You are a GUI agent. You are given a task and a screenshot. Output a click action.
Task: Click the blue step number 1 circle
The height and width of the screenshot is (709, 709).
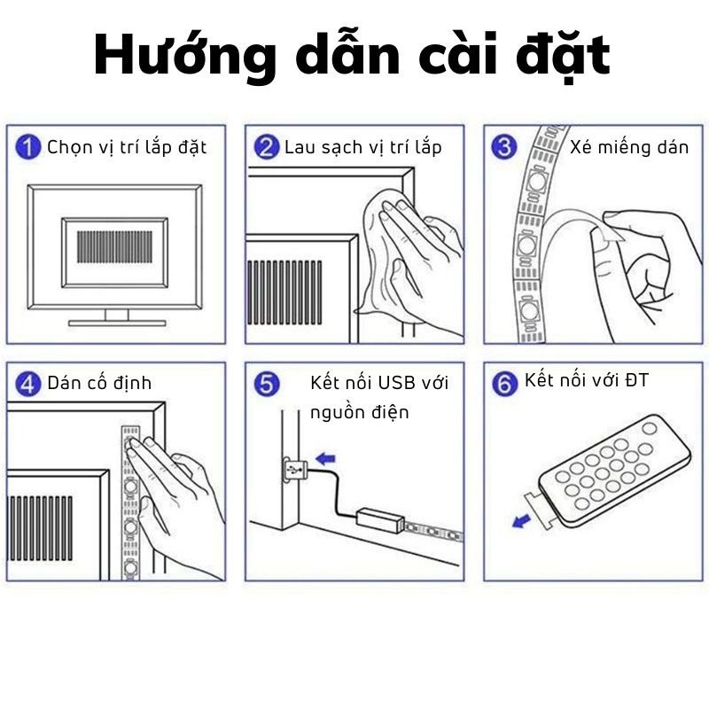point(28,147)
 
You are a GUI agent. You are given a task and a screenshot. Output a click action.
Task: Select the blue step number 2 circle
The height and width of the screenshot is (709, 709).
point(267,147)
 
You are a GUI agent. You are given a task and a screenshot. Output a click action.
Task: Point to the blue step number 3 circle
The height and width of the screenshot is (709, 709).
point(504,147)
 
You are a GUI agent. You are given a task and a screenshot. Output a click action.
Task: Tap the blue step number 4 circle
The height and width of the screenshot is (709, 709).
point(28,384)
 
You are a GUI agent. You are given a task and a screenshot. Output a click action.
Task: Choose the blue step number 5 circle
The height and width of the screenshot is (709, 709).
point(267,384)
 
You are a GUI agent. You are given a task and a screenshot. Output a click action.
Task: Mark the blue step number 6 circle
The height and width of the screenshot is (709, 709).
point(504,384)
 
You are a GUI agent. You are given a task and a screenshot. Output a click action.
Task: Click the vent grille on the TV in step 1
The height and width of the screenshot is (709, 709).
point(115,247)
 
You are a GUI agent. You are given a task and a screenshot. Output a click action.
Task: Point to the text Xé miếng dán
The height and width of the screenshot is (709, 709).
point(629,148)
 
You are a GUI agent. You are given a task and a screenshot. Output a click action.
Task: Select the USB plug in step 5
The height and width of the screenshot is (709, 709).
point(296,471)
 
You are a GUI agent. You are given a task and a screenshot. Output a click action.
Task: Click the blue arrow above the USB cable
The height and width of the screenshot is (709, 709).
point(325,458)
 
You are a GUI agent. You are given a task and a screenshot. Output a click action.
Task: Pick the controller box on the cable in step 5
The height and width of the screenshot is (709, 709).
point(380,521)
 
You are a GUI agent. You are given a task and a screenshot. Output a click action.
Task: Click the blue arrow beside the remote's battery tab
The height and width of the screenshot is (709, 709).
point(521,521)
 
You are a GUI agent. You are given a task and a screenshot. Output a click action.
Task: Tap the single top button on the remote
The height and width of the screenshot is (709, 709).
point(650,428)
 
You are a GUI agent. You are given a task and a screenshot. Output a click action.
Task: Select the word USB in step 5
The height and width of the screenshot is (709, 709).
point(397,383)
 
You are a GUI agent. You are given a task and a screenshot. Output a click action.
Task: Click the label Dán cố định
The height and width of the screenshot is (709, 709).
point(99,384)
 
